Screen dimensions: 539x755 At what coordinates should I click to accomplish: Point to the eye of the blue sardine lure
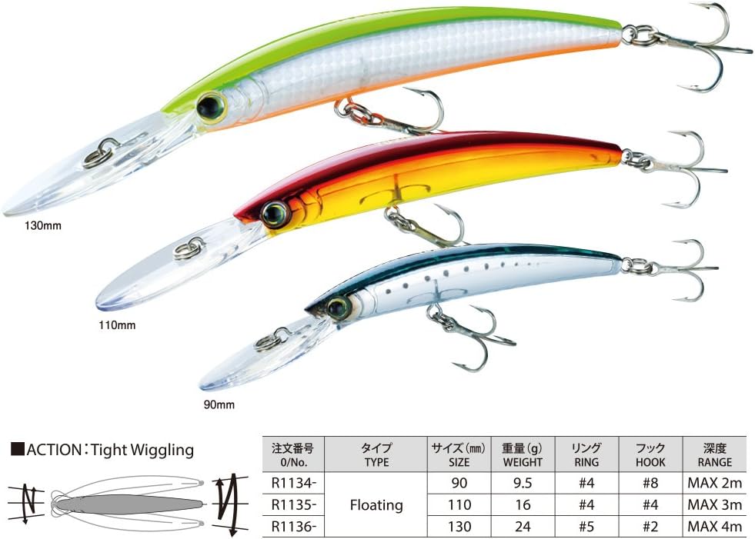pos(338,307)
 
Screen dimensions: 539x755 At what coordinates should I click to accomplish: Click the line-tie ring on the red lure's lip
pos(189,248)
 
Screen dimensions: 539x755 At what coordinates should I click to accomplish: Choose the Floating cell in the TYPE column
pos(376,505)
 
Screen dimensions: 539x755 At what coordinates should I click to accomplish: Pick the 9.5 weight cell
pos(523,483)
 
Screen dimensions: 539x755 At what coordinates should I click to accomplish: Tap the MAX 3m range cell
pos(714,505)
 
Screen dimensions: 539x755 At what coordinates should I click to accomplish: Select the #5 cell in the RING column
pos(586,527)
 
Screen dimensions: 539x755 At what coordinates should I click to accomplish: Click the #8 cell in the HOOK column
pos(650,483)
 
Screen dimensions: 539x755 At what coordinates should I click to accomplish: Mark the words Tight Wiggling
pos(142,450)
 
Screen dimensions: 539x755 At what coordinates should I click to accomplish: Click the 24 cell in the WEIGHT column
pos(523,527)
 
